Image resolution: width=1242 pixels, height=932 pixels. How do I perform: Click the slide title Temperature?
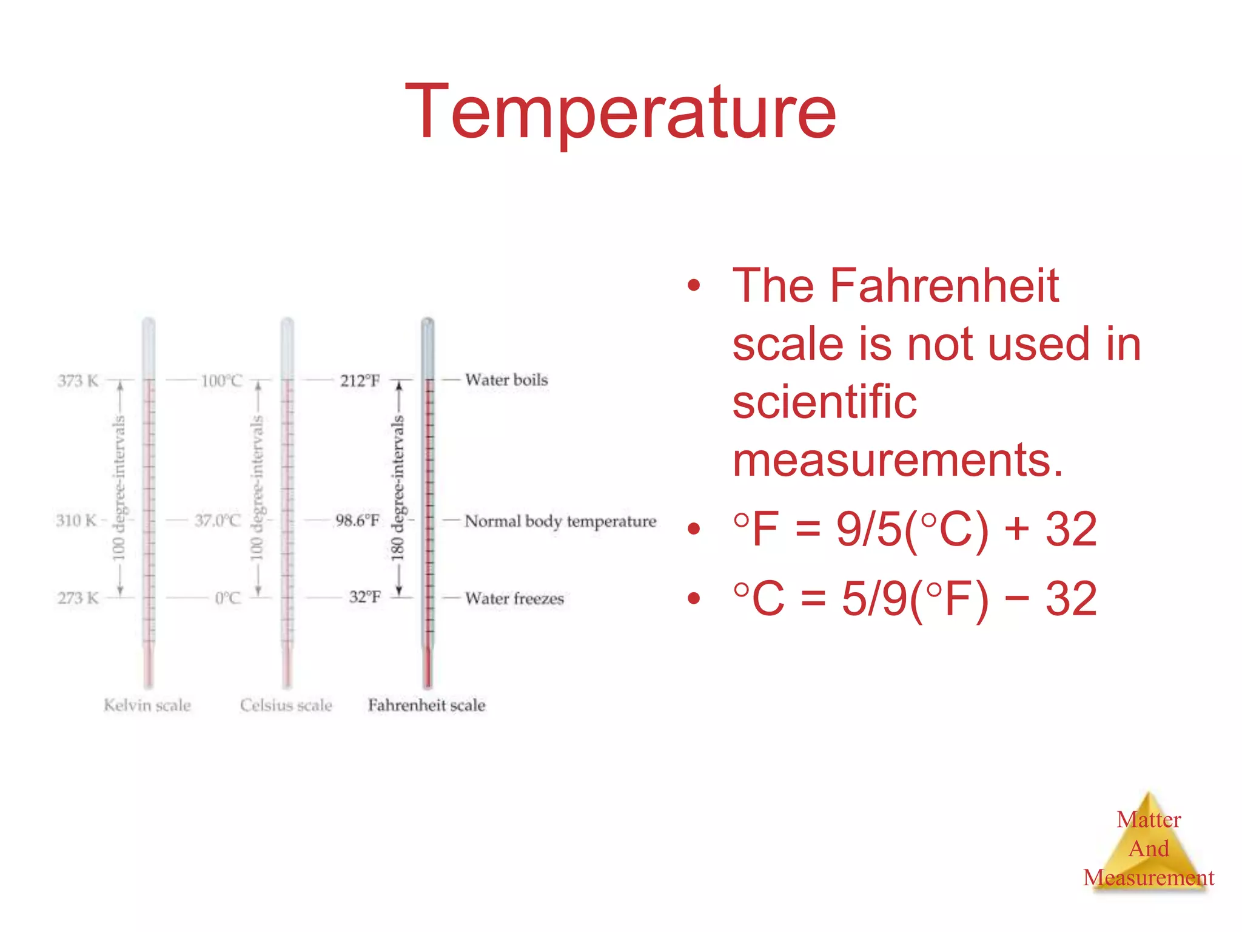click(620, 113)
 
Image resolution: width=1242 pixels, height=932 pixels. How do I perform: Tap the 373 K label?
click(78, 381)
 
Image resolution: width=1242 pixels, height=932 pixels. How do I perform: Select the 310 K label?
click(76, 521)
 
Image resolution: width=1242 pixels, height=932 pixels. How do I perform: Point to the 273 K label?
click(78, 598)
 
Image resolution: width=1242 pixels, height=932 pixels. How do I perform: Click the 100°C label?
click(222, 381)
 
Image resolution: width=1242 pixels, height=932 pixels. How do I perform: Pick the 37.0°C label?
click(218, 521)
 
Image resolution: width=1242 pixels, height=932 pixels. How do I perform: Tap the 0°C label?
click(228, 598)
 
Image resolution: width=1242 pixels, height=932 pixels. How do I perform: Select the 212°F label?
click(360, 381)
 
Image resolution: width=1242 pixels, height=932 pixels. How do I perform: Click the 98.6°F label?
click(357, 521)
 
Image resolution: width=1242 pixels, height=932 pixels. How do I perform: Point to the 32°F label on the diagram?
click(364, 597)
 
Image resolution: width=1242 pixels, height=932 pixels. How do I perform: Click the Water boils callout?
click(506, 380)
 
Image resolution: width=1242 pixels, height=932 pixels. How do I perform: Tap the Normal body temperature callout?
click(560, 521)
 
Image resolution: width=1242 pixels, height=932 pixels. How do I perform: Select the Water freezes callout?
click(514, 599)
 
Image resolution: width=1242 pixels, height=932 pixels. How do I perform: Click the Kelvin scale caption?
click(147, 705)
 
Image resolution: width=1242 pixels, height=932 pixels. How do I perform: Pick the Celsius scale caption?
click(286, 705)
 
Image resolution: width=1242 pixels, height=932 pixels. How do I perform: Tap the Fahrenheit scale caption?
click(426, 705)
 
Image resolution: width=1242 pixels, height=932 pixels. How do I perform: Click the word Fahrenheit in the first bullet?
click(944, 285)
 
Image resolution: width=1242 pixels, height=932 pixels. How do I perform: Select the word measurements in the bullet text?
click(898, 461)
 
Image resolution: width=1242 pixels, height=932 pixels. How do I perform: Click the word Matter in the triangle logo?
click(1149, 820)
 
